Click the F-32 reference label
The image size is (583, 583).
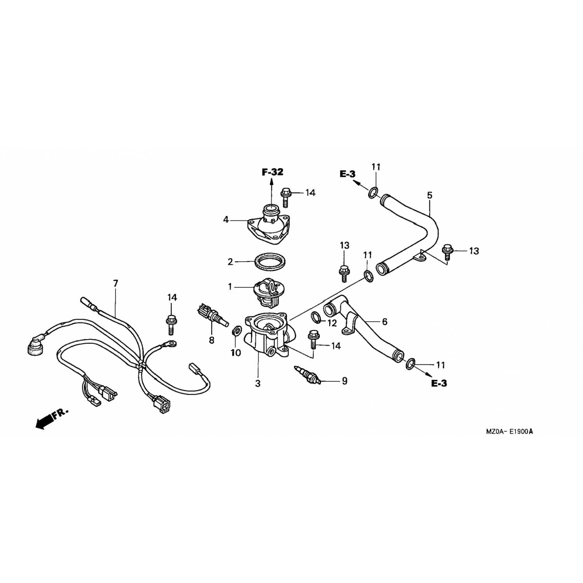pos(272,172)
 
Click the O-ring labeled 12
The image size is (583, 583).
pos(316,318)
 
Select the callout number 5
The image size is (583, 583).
pos(429,195)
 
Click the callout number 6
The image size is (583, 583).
pos(385,321)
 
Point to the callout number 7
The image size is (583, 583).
pos(115,284)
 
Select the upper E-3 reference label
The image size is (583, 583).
pos(347,175)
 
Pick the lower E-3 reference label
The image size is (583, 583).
pos(439,384)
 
